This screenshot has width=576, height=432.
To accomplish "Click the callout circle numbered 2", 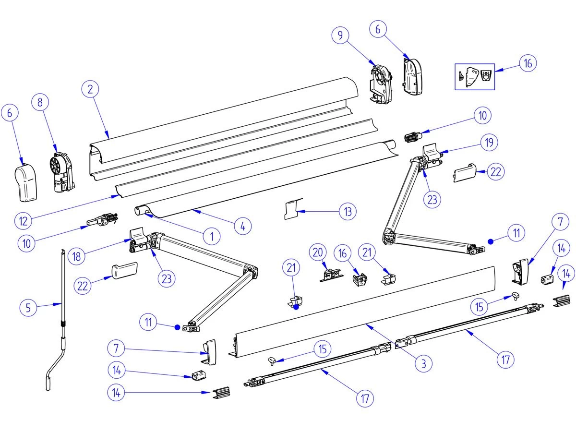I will [90, 89].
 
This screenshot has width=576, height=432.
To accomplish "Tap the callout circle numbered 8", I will [40, 102].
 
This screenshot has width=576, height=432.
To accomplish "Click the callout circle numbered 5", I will [28, 307].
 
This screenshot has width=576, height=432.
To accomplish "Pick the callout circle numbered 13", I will [348, 211].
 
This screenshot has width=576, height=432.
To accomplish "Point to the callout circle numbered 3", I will [423, 363].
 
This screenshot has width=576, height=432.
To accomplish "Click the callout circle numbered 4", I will [243, 226].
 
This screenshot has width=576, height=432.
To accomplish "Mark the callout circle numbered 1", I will [211, 235].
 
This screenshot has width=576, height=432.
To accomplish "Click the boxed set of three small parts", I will [474, 75].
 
